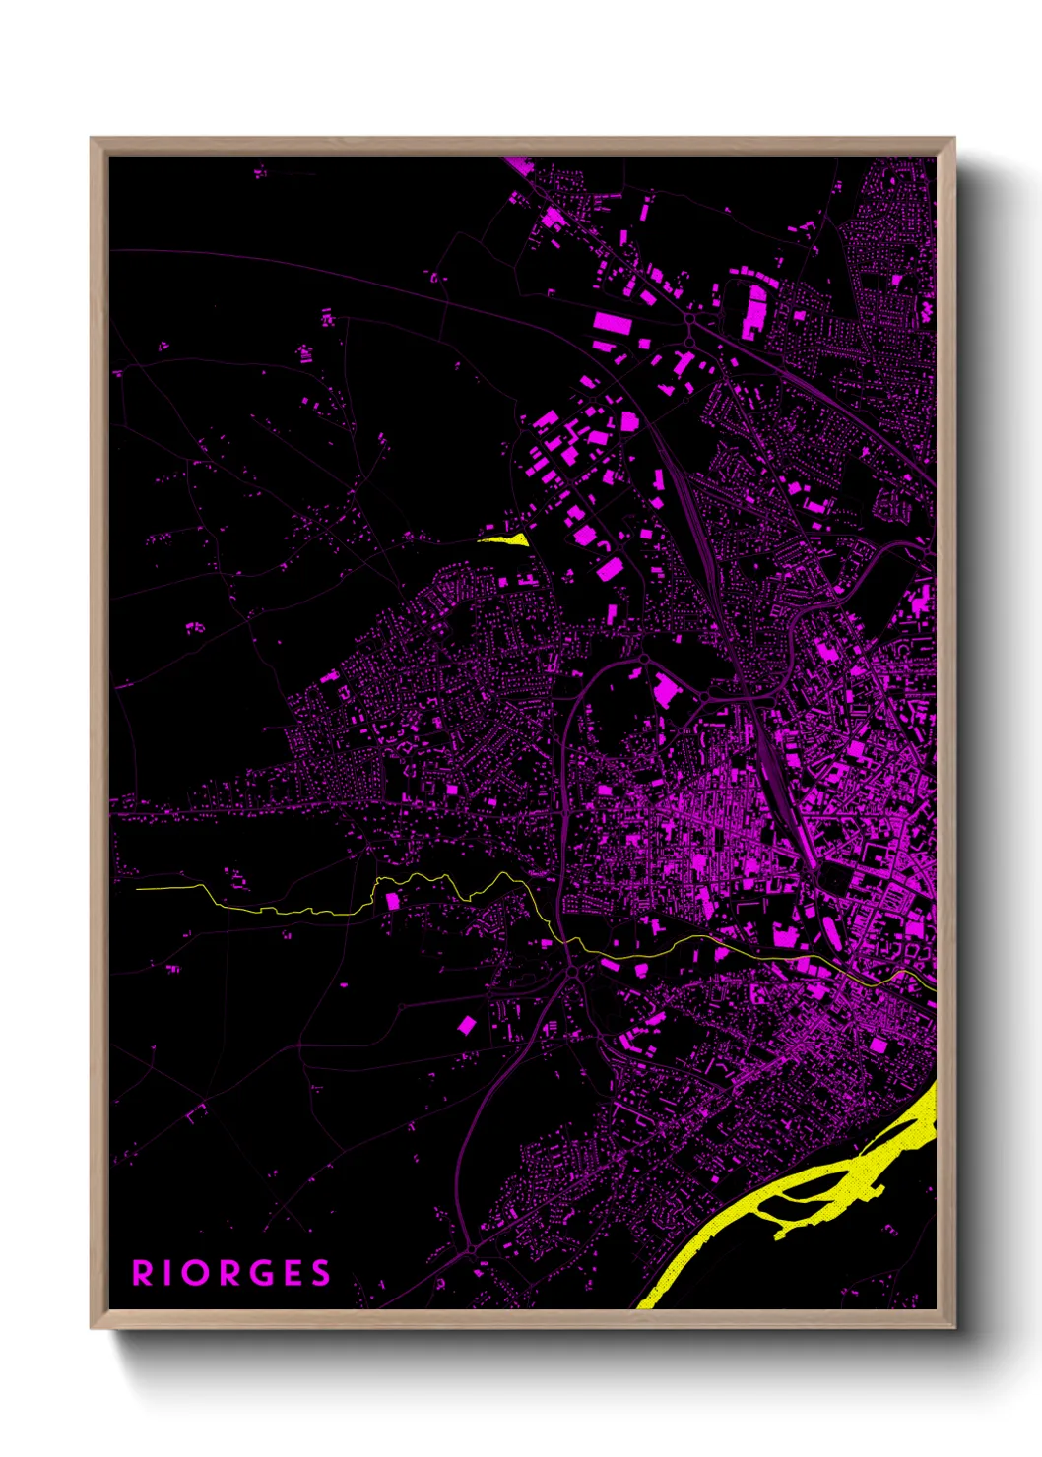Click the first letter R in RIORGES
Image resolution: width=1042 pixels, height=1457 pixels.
(x=143, y=1273)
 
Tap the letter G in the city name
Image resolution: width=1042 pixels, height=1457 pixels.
(x=259, y=1273)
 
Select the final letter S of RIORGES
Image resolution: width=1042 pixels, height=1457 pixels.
(x=321, y=1273)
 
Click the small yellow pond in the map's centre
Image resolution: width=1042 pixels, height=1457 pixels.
(x=506, y=538)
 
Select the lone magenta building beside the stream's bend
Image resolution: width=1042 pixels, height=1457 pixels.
(x=392, y=900)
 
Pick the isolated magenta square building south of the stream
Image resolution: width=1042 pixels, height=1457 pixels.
(x=467, y=1026)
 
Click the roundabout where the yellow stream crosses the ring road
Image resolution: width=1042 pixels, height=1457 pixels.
(x=571, y=972)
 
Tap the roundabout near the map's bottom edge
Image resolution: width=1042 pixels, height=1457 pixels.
(x=473, y=1248)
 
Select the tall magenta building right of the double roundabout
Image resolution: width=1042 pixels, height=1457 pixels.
(x=755, y=308)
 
